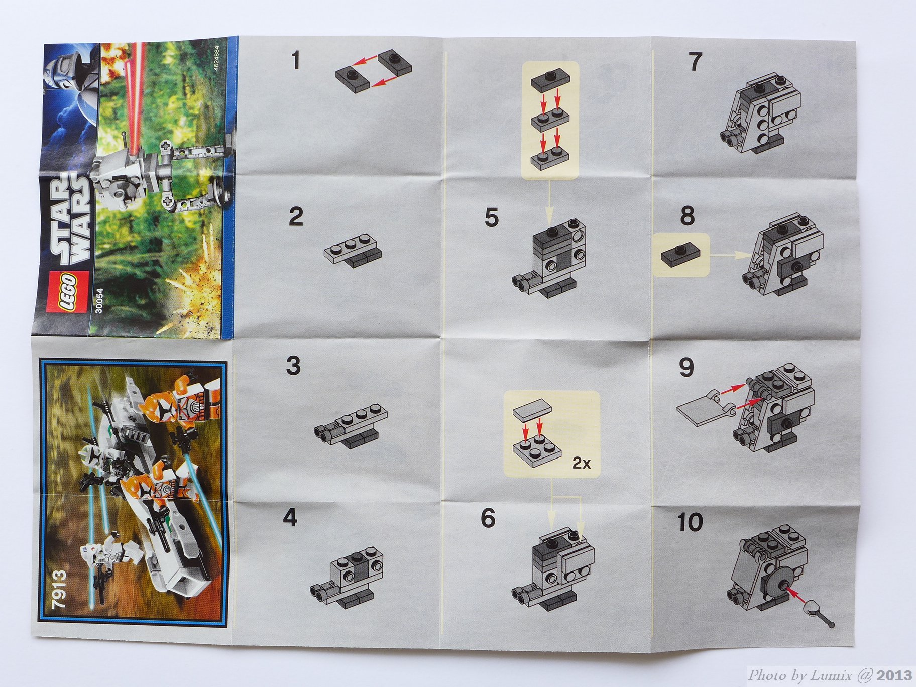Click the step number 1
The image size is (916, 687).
tap(295, 61)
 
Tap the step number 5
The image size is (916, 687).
tap(492, 218)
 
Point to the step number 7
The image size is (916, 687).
tap(695, 62)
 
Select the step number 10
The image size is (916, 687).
tap(690, 523)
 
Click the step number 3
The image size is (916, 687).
tap(294, 366)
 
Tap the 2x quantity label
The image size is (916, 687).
tap(581, 463)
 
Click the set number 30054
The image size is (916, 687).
tap(99, 301)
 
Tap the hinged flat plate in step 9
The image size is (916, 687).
tap(704, 408)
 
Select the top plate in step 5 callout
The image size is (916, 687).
tap(551, 80)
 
